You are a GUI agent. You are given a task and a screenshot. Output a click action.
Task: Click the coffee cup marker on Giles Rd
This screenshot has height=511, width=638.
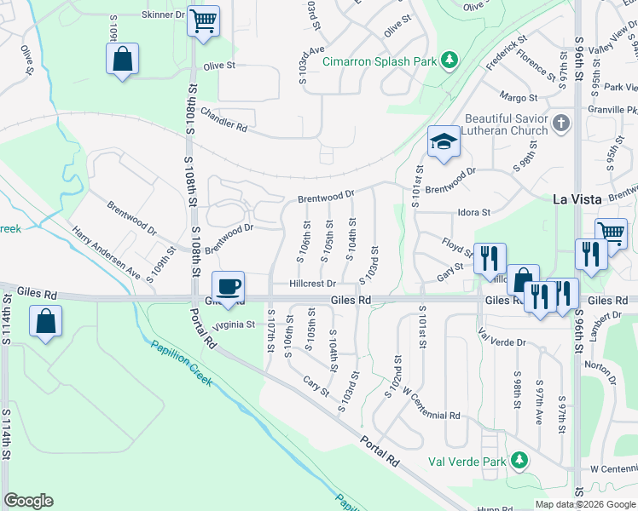(x=229, y=285)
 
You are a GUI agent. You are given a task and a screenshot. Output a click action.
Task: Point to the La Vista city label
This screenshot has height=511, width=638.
(x=578, y=199)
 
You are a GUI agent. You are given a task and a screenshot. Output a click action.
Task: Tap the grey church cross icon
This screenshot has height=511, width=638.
(x=560, y=124)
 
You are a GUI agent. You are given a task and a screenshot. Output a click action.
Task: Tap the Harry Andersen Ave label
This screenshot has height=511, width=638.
(x=106, y=253)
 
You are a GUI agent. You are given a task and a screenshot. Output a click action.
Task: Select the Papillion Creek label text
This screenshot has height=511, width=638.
(x=183, y=364)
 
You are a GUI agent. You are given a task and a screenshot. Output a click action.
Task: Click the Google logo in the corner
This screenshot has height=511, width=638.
(x=28, y=500)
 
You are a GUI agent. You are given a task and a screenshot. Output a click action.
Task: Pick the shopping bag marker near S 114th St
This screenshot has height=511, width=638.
(x=45, y=323)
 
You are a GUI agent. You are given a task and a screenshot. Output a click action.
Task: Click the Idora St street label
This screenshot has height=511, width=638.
(x=473, y=212)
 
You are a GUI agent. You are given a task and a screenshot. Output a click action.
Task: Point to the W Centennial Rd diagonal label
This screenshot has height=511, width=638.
(x=431, y=405)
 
